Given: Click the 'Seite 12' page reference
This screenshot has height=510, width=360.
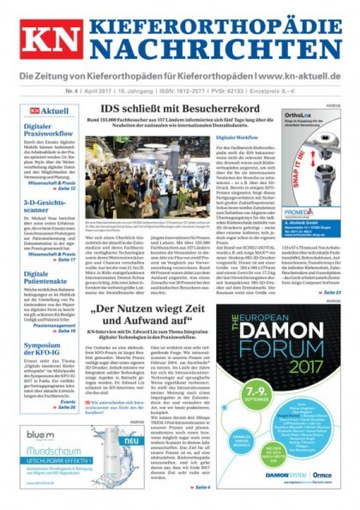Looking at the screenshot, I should pyautogui.click(x=65, y=188).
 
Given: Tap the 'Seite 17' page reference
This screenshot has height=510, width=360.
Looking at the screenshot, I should pyautogui.click(x=65, y=260).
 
